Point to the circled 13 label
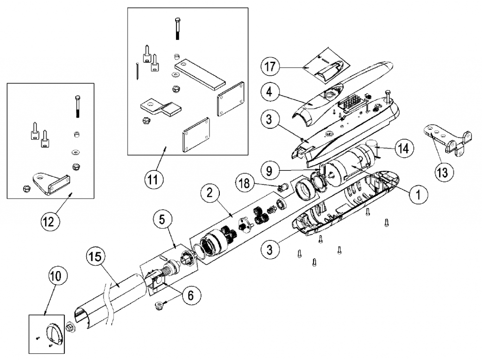click(x=442, y=172)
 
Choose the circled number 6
click(x=190, y=295)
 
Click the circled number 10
click(x=56, y=277)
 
